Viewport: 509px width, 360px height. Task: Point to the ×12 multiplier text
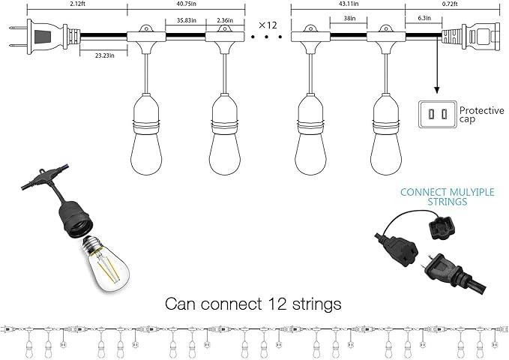click(x=268, y=25)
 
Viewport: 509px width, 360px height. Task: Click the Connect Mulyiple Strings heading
click(x=434, y=196)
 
